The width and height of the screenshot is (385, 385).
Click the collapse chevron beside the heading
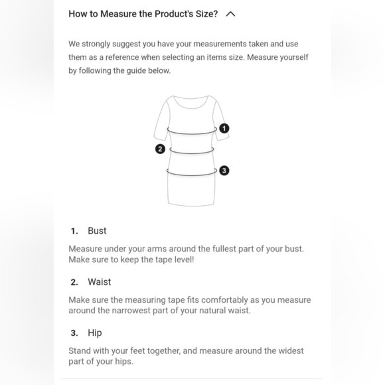coord(230,14)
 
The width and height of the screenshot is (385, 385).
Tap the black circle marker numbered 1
coord(224,128)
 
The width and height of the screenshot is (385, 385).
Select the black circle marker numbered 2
coord(160,149)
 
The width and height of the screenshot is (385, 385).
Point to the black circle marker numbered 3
coord(224,171)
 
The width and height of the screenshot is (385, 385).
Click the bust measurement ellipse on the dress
coord(192,134)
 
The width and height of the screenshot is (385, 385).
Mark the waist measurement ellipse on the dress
coord(192,153)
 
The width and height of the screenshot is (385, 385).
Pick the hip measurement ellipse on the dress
coord(192,175)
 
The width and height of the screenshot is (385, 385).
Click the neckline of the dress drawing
coord(191,108)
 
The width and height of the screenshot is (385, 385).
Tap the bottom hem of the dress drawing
coord(191,205)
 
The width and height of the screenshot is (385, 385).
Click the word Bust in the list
coord(97,231)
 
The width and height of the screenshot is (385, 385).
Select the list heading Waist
coord(99,282)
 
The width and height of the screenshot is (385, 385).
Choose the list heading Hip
coord(95,333)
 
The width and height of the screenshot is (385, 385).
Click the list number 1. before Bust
coord(74,231)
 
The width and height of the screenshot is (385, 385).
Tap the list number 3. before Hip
coord(74,333)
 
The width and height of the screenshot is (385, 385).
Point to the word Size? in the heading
coord(206,14)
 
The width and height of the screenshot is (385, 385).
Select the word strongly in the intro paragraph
coord(96,44)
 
